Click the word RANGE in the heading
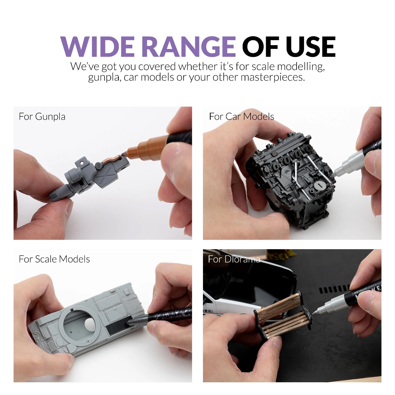(189, 46)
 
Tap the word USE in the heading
(311, 46)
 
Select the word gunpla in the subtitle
(102, 78)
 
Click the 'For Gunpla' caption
(42, 116)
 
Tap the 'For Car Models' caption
(241, 116)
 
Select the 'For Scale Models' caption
(54, 259)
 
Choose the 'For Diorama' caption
(234, 259)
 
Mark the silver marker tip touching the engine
(335, 173)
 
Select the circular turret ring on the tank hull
(79, 320)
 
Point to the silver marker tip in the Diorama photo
(315, 312)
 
